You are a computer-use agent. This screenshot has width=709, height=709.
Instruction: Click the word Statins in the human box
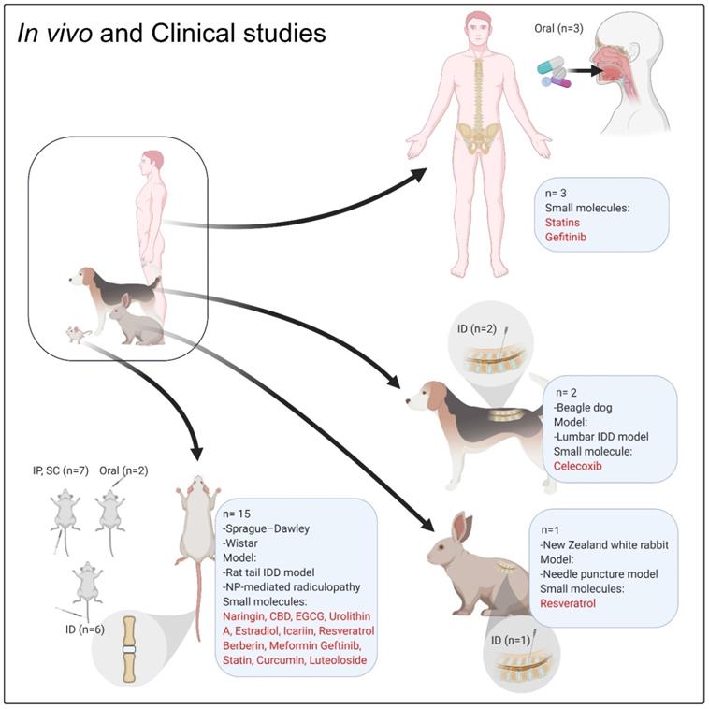pyautogui.click(x=561, y=224)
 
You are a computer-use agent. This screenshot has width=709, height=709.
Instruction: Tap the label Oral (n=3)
pyautogui.click(x=557, y=29)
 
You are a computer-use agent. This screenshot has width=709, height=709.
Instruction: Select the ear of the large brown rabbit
pyautogui.click(x=459, y=528)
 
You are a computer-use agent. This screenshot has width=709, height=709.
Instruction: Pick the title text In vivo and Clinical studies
pyautogui.click(x=172, y=34)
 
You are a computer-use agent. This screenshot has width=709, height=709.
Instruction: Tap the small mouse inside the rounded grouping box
pyautogui.click(x=75, y=333)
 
